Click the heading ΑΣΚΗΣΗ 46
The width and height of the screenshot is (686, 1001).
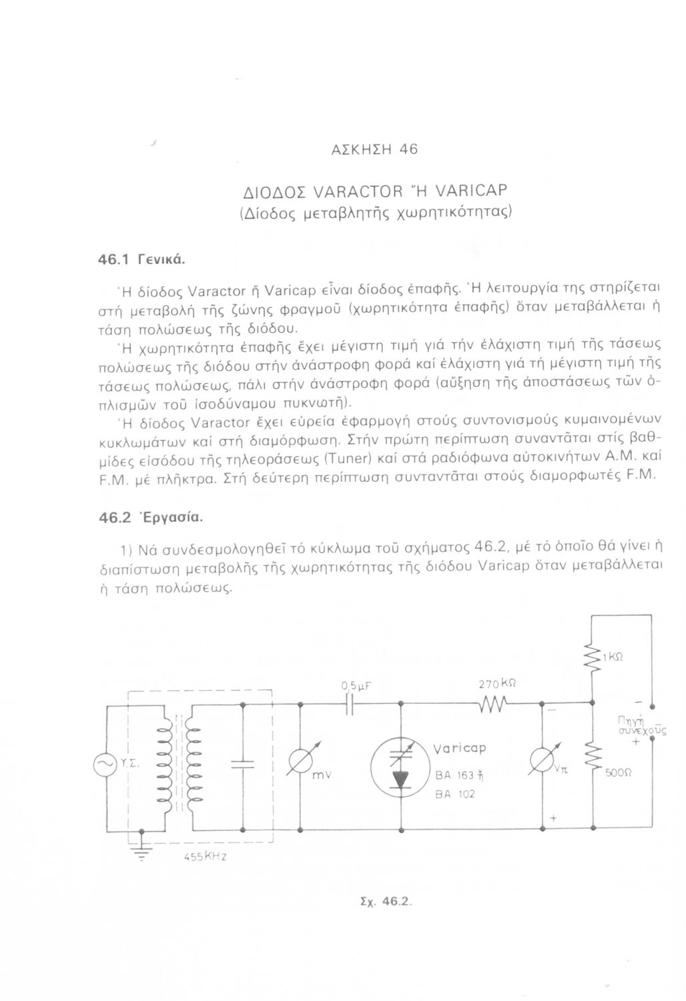click(374, 149)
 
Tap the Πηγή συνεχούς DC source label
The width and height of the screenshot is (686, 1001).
click(637, 728)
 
